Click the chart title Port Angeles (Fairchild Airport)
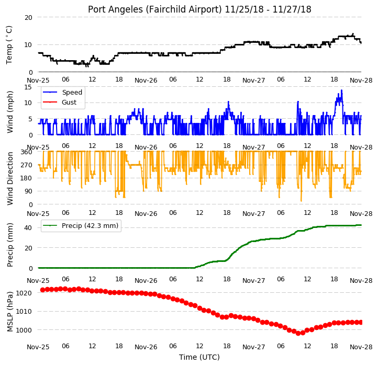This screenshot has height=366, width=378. click(154, 9)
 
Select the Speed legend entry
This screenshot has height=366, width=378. click(62, 92)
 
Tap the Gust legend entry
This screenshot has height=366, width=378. click(60, 102)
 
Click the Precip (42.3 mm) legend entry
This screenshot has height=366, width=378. click(81, 226)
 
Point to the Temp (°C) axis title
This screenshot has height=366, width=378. click(9, 45)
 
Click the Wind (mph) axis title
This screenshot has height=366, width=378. click(9, 112)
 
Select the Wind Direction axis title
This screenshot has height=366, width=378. click(9, 179)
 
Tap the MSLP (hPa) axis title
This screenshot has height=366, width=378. click(9, 312)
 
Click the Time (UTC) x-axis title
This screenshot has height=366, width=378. click(199, 357)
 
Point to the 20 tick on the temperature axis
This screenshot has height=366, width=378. click(28, 18)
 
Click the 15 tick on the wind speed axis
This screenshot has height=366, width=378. click(28, 87)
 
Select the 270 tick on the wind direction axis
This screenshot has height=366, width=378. click(27, 165)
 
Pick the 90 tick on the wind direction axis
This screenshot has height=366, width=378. click(28, 191)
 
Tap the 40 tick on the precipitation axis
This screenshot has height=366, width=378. click(28, 228)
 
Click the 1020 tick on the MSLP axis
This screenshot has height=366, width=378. click(24, 293)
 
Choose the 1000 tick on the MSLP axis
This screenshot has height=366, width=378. click(24, 330)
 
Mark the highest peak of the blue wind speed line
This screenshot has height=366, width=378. click(341, 90)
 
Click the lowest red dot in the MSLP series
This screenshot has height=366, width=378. click(298, 333)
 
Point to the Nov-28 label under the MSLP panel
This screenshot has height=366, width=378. click(361, 347)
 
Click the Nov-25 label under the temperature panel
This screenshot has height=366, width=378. click(38, 80)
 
